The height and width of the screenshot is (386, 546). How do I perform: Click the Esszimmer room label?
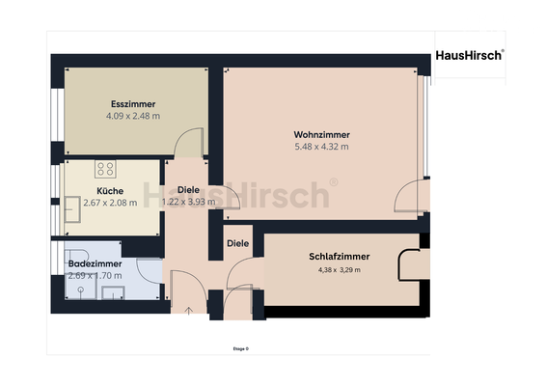pyautogui.click(x=133, y=104)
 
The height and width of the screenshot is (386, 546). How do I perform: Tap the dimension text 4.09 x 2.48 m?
pyautogui.click(x=133, y=116)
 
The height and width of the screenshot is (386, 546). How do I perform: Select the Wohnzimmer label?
pyautogui.click(x=321, y=134)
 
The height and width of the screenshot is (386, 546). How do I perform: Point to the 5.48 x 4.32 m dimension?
pyautogui.click(x=321, y=147)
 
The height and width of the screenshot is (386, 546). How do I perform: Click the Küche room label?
pyautogui.click(x=110, y=190)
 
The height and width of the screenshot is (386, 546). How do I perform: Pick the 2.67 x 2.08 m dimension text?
pyautogui.click(x=110, y=203)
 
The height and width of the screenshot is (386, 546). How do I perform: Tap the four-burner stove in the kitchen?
pyautogui.click(x=105, y=169)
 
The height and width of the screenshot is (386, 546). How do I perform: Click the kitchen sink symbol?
pyautogui.click(x=73, y=207)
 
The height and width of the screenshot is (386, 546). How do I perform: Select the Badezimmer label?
pyautogui.click(x=95, y=263)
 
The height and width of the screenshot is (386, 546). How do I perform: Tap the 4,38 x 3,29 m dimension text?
pyautogui.click(x=340, y=270)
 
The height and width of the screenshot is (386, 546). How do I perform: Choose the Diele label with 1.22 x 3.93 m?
pyautogui.click(x=188, y=190)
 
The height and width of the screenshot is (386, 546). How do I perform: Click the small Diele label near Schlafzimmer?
pyautogui.click(x=238, y=243)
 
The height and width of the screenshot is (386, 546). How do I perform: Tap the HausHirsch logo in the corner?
pyautogui.click(x=469, y=56)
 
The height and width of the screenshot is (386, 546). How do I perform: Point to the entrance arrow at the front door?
pyautogui.click(x=188, y=310)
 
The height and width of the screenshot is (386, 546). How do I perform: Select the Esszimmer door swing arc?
pyautogui.click(x=186, y=142)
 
